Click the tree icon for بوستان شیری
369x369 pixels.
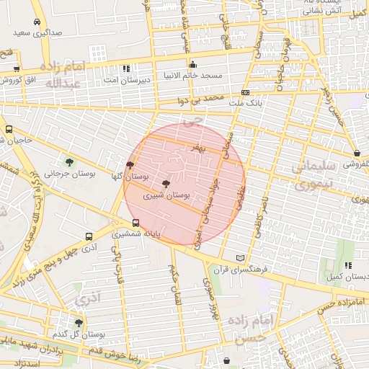[x=166, y=184]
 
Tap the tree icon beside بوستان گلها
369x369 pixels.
[x=130, y=165]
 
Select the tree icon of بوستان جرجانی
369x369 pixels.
[x=69, y=162]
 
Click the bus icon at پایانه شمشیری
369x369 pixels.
[x=136, y=223]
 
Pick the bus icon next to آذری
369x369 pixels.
[x=89, y=236]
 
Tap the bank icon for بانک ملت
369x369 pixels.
[x=246, y=93]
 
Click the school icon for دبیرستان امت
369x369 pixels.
[x=127, y=68]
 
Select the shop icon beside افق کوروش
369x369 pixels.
[x=16, y=69]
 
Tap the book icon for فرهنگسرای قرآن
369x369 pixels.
[x=241, y=258]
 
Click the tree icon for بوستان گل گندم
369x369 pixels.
[x=79, y=323]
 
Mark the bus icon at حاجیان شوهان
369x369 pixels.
[x=9, y=130]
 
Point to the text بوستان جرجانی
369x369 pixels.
[x=44, y=174]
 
